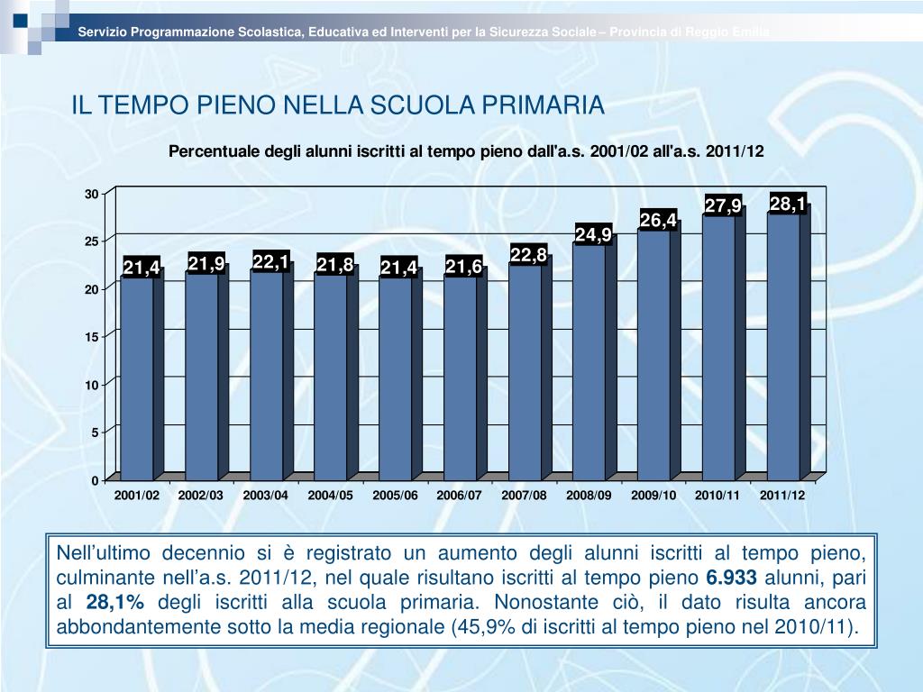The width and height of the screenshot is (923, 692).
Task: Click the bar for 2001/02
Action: tap(137, 378)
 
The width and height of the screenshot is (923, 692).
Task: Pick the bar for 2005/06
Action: tap(396, 378)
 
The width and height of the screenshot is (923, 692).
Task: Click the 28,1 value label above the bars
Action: tap(787, 204)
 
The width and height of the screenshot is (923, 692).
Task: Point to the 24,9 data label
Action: tap(593, 235)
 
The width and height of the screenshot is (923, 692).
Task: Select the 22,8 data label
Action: tap(528, 256)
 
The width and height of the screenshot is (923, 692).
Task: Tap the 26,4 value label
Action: tap(658, 220)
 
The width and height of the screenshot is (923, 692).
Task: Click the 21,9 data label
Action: tap(206, 263)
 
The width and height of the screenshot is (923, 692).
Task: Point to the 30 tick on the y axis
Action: tap(92, 195)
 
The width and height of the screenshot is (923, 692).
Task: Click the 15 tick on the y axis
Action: tap(92, 337)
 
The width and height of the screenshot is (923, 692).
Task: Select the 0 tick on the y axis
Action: tap(95, 480)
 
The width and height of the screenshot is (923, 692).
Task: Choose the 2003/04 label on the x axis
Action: tap(266, 496)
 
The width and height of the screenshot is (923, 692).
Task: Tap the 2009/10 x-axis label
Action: tap(653, 496)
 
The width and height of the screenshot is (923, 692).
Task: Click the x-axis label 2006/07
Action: tap(460, 496)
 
